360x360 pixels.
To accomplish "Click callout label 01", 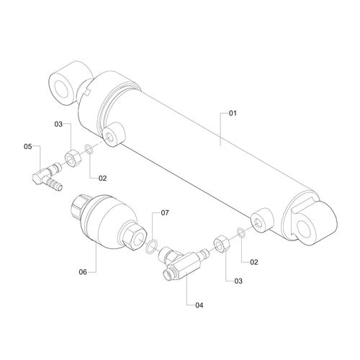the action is click(233, 113).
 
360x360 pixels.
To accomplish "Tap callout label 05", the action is click(28, 146).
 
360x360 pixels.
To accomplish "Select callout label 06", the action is click(83, 272).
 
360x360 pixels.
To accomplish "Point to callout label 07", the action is click(165, 212).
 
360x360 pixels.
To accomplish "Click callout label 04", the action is click(199, 305).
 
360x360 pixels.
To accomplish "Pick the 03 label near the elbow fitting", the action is click(58, 124).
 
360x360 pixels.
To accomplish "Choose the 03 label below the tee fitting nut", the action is click(238, 281).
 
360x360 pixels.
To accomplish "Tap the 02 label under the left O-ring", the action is click(102, 178).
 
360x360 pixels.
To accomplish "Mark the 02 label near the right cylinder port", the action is click(254, 262).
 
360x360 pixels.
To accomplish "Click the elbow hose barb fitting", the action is click(48, 176).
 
